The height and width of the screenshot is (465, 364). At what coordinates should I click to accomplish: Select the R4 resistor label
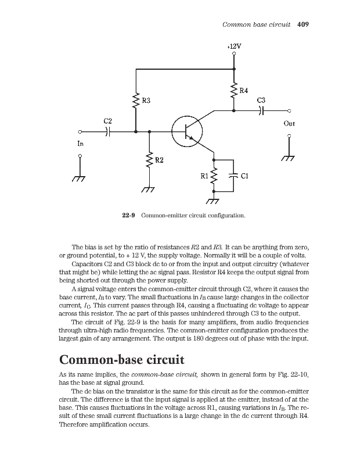pyautogui.click(x=244, y=91)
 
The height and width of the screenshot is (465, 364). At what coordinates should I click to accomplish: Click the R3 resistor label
pyautogui.click(x=147, y=101)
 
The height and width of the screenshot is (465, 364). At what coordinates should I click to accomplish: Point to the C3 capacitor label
pyautogui.click(x=261, y=100)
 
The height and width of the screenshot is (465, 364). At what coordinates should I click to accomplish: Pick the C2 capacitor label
pyautogui.click(x=108, y=121)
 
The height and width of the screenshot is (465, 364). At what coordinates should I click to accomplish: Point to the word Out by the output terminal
pyautogui.click(x=289, y=124)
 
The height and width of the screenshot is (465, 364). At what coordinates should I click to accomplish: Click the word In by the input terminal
pyautogui.click(x=81, y=143)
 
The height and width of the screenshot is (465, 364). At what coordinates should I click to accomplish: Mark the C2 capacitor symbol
pyautogui.click(x=108, y=132)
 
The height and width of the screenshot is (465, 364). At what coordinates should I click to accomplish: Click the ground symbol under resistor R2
pyautogui.click(x=150, y=189)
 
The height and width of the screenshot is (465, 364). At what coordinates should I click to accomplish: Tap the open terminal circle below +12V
pyautogui.click(x=234, y=53)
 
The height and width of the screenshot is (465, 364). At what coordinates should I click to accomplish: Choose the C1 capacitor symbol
pyautogui.click(x=234, y=174)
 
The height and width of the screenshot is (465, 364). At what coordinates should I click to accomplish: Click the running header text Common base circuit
pyautogui.click(x=257, y=24)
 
